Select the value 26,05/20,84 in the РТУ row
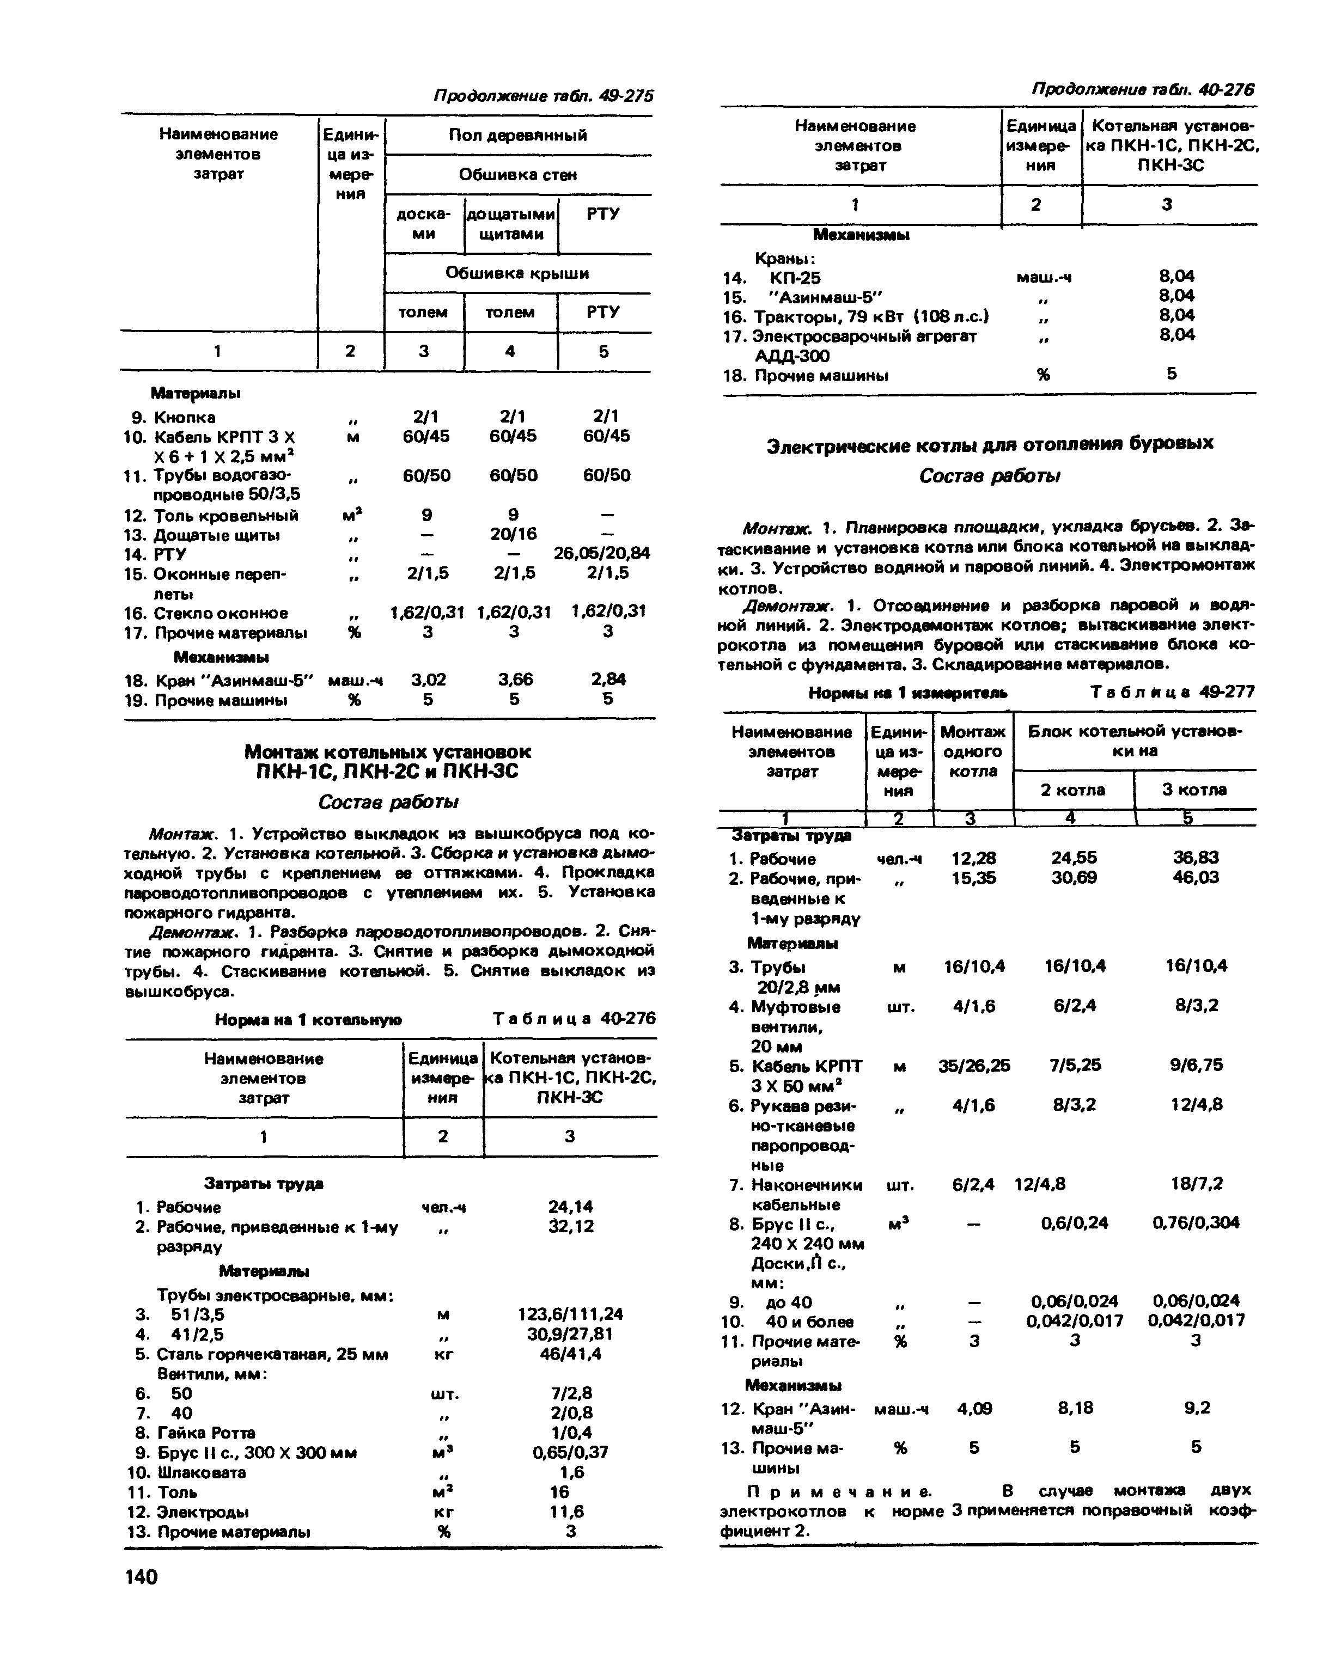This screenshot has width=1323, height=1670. [x=601, y=553]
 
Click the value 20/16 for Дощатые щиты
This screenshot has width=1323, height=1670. [x=513, y=534]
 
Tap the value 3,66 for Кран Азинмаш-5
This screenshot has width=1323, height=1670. [x=515, y=680]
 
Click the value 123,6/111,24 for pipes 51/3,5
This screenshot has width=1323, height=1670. [x=570, y=1314]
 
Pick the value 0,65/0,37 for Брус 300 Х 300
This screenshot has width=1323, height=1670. [x=570, y=1452]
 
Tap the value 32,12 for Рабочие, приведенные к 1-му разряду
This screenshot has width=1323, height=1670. [x=571, y=1226]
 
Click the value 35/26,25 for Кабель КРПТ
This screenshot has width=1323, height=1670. [x=974, y=1066]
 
